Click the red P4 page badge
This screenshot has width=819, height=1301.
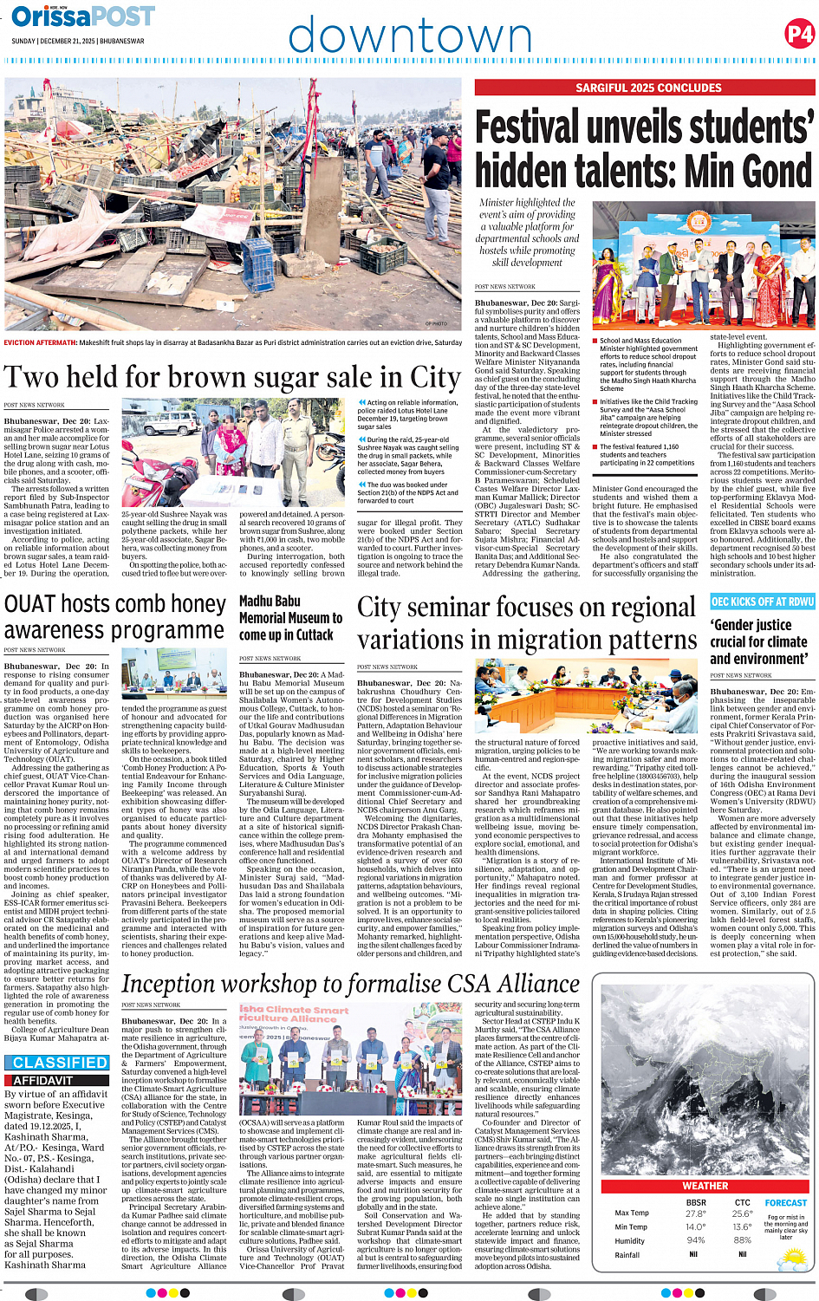click(799, 34)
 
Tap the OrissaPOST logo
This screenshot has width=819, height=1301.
click(83, 16)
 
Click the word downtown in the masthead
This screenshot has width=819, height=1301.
click(409, 36)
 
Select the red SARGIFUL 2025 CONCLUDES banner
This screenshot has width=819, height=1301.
click(645, 88)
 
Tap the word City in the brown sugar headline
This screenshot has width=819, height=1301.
click(435, 378)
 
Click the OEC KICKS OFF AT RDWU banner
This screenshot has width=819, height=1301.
click(762, 602)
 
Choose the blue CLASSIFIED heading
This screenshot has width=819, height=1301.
click(60, 1063)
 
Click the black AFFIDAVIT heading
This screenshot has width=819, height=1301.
click(42, 1081)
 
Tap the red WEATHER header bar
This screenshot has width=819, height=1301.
click(705, 1186)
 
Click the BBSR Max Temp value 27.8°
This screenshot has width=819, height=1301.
click(695, 1213)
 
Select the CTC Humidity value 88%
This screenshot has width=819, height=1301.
click(742, 1240)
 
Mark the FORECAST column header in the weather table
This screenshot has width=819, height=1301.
click(785, 1203)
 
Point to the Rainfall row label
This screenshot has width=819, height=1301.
click(627, 1254)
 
